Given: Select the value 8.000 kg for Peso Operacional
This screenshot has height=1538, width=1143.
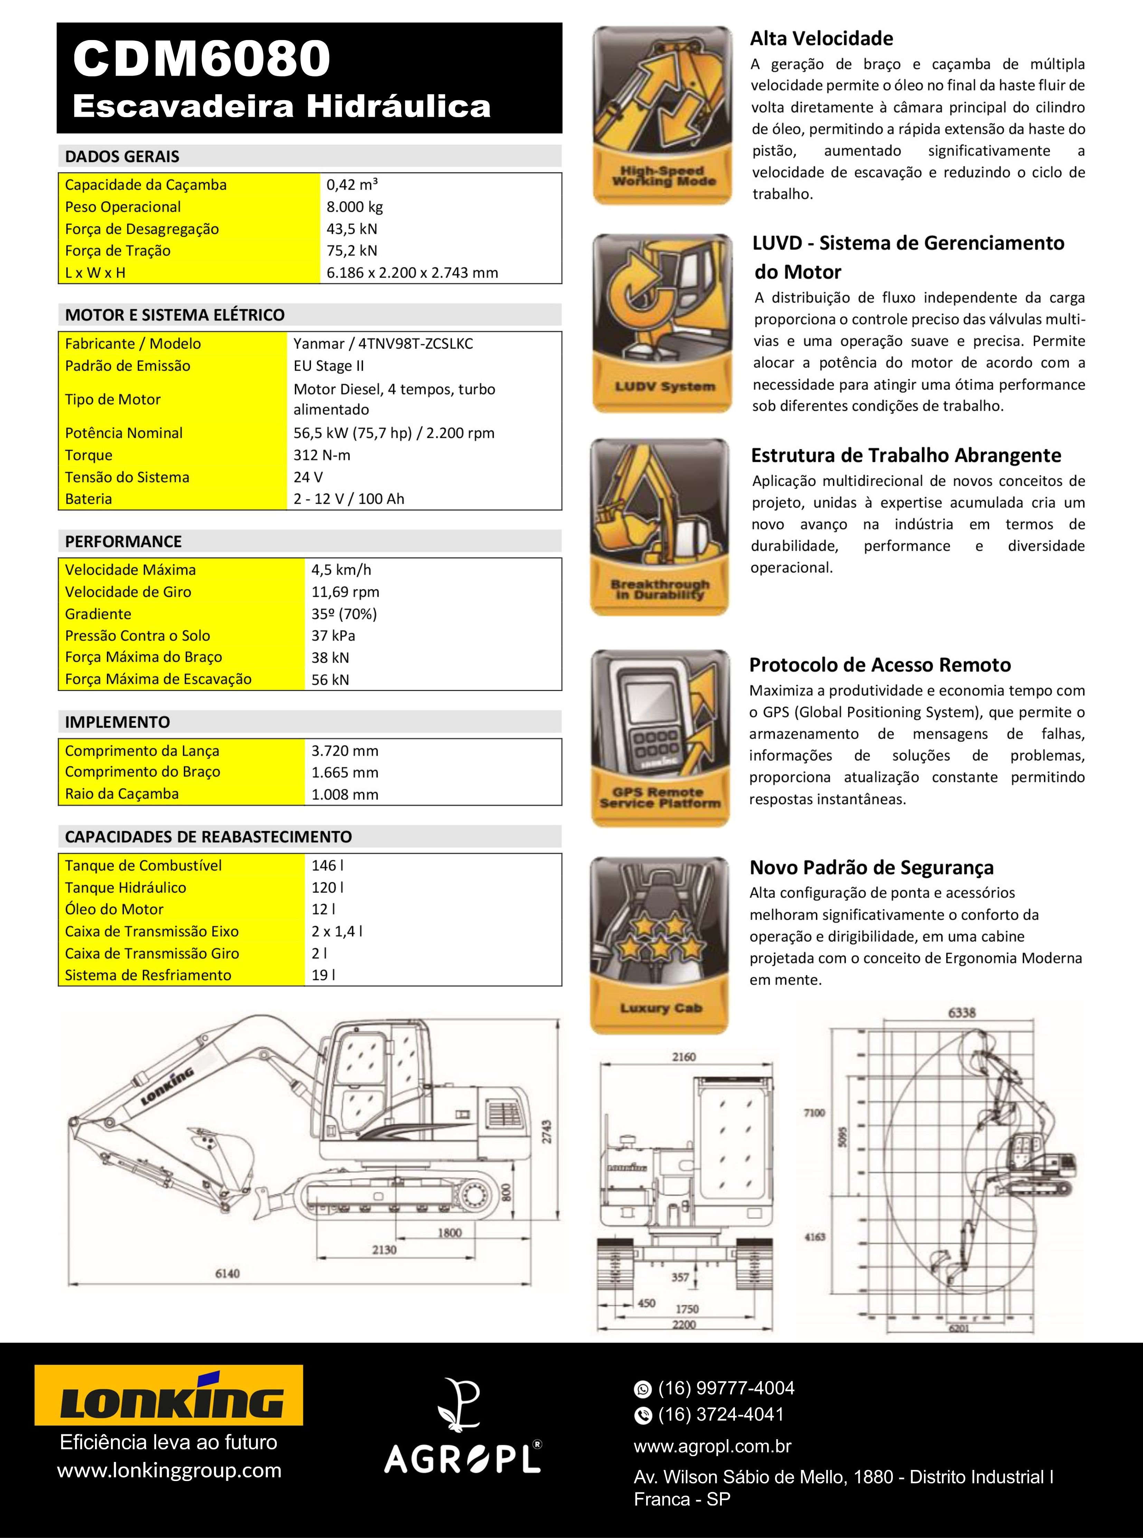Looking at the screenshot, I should (354, 207).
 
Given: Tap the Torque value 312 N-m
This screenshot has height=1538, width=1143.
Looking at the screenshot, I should (322, 455).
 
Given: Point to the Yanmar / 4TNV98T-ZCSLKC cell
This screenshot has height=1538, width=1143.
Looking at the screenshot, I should (382, 344).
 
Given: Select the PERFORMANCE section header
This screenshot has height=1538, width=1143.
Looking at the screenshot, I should (123, 542).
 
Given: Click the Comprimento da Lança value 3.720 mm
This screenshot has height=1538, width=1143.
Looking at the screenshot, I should (344, 751).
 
